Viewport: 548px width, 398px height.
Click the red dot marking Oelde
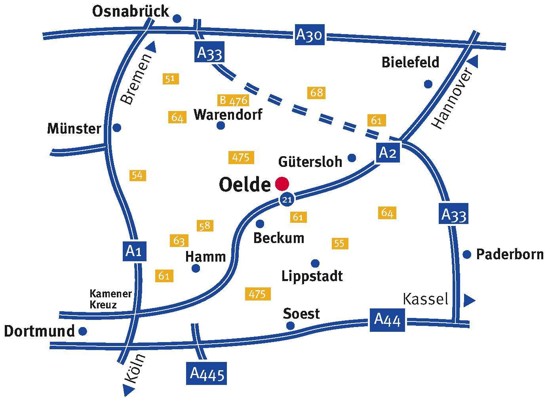[x=282, y=184]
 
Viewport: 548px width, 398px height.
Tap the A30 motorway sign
[x=310, y=35]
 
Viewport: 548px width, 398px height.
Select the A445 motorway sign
[x=207, y=373]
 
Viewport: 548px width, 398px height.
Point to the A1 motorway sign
[x=134, y=251]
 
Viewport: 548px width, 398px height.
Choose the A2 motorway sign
[x=387, y=152]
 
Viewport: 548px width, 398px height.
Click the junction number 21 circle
[x=287, y=199]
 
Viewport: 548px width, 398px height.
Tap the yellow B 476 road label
[x=233, y=100]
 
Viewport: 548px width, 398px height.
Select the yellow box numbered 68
[x=316, y=93]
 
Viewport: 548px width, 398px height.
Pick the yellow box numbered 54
[x=137, y=175]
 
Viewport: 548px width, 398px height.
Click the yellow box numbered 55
[x=340, y=243]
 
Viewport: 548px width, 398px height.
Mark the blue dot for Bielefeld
[x=428, y=84]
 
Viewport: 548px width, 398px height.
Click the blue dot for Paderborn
[x=467, y=254]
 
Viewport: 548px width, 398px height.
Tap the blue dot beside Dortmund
[x=83, y=331]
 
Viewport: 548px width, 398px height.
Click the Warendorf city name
[x=228, y=115]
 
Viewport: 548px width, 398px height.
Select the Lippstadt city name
[x=312, y=276]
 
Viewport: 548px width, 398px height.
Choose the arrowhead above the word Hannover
[x=474, y=61]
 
